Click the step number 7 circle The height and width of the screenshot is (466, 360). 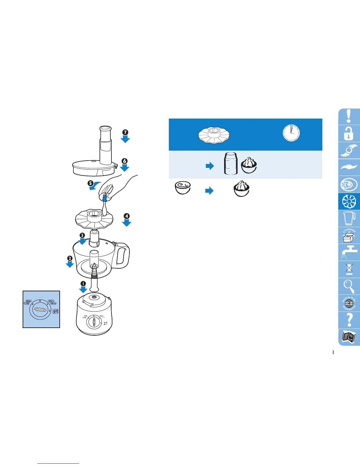pos(125,132)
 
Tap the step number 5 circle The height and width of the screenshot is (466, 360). pos(91,183)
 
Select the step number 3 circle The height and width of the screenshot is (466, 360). pos(82,235)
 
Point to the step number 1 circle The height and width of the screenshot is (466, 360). pos(83,284)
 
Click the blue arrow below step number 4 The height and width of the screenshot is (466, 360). pos(126,223)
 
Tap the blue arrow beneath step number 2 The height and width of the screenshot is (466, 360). pos(70,264)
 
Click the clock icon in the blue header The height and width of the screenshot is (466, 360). pos(291,133)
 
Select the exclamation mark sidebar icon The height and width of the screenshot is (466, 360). pos(349,116)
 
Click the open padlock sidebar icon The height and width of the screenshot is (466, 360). pos(349,134)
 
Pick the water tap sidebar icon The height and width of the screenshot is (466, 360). pos(349,252)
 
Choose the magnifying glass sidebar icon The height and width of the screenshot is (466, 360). pos(349,286)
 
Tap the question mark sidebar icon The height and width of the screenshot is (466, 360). pos(349,320)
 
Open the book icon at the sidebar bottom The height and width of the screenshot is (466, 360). pos(349,337)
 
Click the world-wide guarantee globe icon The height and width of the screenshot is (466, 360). pos(349,303)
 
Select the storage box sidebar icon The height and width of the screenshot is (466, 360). pos(349,235)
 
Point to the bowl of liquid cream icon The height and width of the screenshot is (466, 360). pos(183,188)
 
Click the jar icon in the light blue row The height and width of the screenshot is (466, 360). pos(231,163)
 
